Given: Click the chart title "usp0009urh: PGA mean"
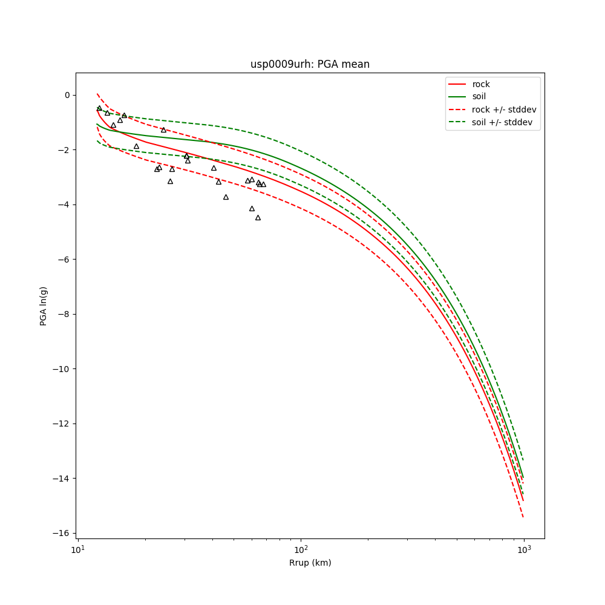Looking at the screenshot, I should click(x=310, y=64).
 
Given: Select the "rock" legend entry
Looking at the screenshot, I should click(x=481, y=84).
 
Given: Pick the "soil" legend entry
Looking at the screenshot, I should click(x=479, y=96).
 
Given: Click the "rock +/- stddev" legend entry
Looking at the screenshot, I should click(x=503, y=110).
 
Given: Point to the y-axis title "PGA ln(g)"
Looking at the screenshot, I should click(x=44, y=306).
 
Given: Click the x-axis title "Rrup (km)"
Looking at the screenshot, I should click(x=310, y=563).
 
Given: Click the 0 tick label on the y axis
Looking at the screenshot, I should click(x=67, y=95).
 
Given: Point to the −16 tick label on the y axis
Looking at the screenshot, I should click(x=62, y=534).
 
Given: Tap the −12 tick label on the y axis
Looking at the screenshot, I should click(x=62, y=423).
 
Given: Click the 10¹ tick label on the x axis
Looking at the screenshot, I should click(x=77, y=549).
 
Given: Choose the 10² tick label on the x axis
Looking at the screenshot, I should click(x=301, y=549).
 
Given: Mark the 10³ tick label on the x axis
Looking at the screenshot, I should click(x=524, y=549).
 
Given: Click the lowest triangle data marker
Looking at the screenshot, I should click(x=258, y=217).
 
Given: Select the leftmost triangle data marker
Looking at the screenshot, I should click(x=99, y=108).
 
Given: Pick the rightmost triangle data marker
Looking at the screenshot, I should click(x=263, y=185).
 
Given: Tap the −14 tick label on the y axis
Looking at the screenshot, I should click(x=62, y=479).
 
